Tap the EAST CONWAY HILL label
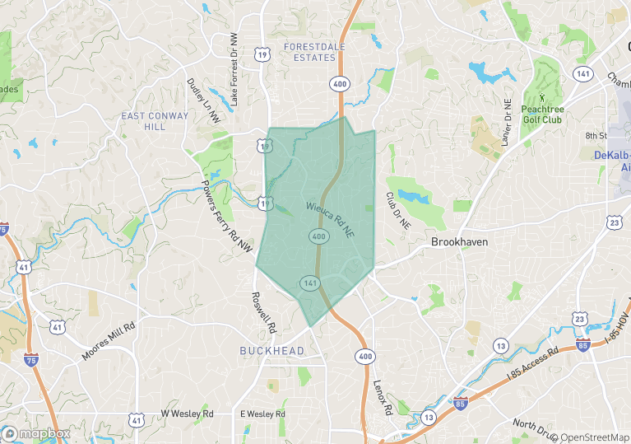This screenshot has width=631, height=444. coord(144,121)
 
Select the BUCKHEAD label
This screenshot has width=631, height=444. coord(271,351)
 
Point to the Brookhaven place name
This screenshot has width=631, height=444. coord(460,242)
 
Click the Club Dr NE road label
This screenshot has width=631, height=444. coord(397,217)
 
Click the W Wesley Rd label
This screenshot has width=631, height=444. coord(187,414)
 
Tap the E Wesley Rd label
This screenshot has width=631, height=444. coord(262,414)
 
